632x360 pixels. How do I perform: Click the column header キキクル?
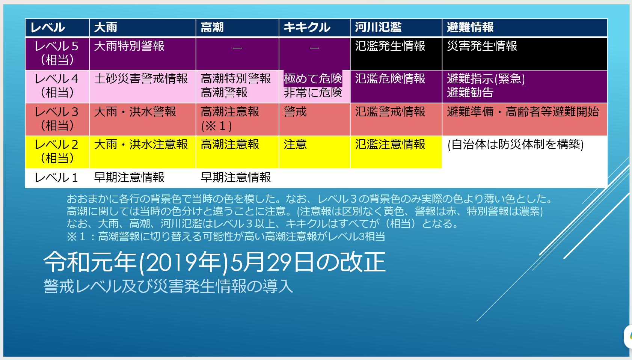click(307, 27)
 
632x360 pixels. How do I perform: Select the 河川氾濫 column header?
click(378, 27)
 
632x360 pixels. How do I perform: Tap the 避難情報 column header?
click(470, 27)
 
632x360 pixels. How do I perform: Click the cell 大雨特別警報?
click(129, 46)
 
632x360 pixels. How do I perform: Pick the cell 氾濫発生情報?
click(390, 46)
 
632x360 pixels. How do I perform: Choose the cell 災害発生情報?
click(482, 46)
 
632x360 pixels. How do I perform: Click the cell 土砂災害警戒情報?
click(141, 79)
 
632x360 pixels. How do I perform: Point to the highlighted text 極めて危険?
click(313, 79)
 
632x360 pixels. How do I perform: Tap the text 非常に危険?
click(313, 93)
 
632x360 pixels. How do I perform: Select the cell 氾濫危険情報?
click(390, 79)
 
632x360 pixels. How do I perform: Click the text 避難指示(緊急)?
click(486, 79)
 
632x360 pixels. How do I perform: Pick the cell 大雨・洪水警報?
click(135, 112)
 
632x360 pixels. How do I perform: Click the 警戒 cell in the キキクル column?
click(295, 112)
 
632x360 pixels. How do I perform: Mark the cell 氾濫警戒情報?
click(390, 112)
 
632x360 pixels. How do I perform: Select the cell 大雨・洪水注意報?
click(141, 145)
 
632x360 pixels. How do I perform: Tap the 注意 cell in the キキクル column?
click(295, 145)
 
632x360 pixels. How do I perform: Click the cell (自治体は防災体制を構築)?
click(516, 145)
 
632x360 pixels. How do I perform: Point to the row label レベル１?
click(56, 178)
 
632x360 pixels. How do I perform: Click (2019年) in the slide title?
click(183, 262)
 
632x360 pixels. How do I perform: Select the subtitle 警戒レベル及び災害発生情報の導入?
click(169, 286)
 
